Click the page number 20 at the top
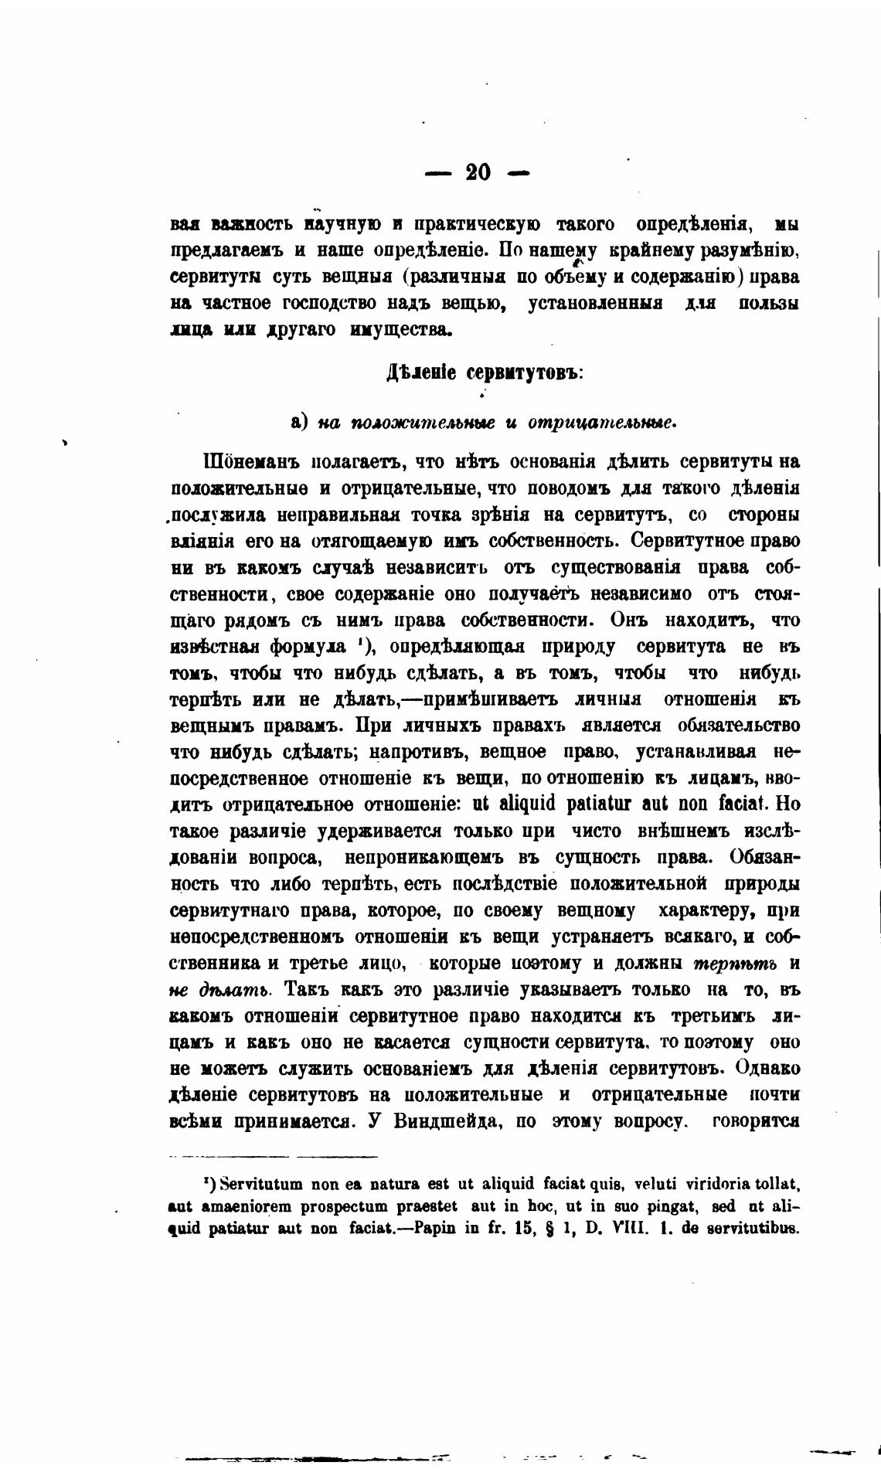tap(478, 172)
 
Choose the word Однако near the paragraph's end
tap(768, 1069)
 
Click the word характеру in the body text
tap(699, 911)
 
